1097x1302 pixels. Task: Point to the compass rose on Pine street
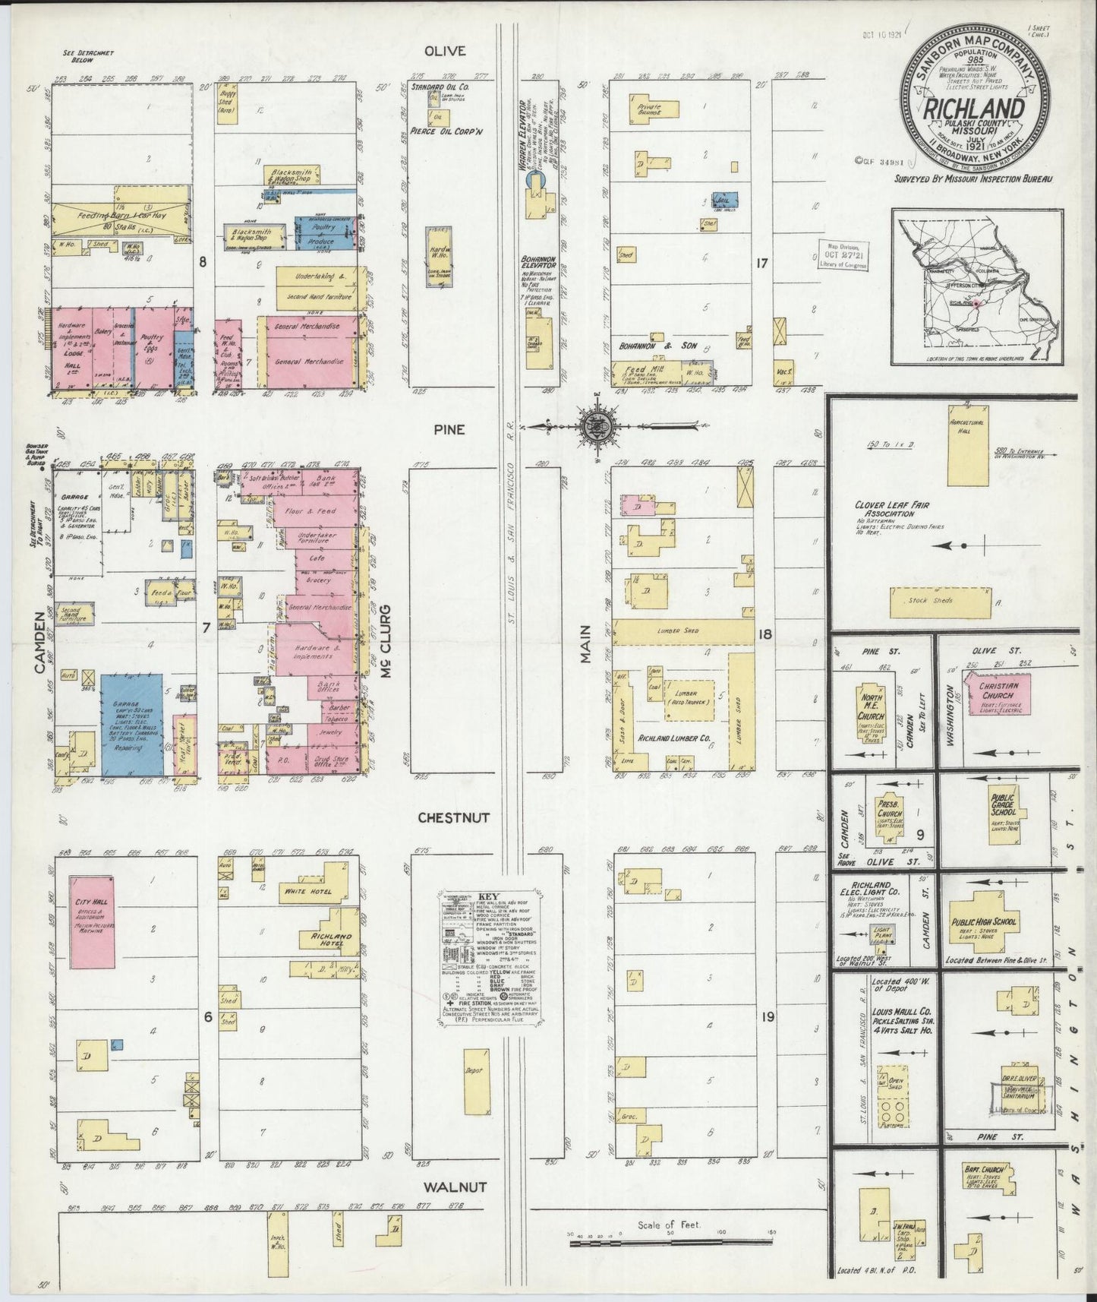(593, 426)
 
